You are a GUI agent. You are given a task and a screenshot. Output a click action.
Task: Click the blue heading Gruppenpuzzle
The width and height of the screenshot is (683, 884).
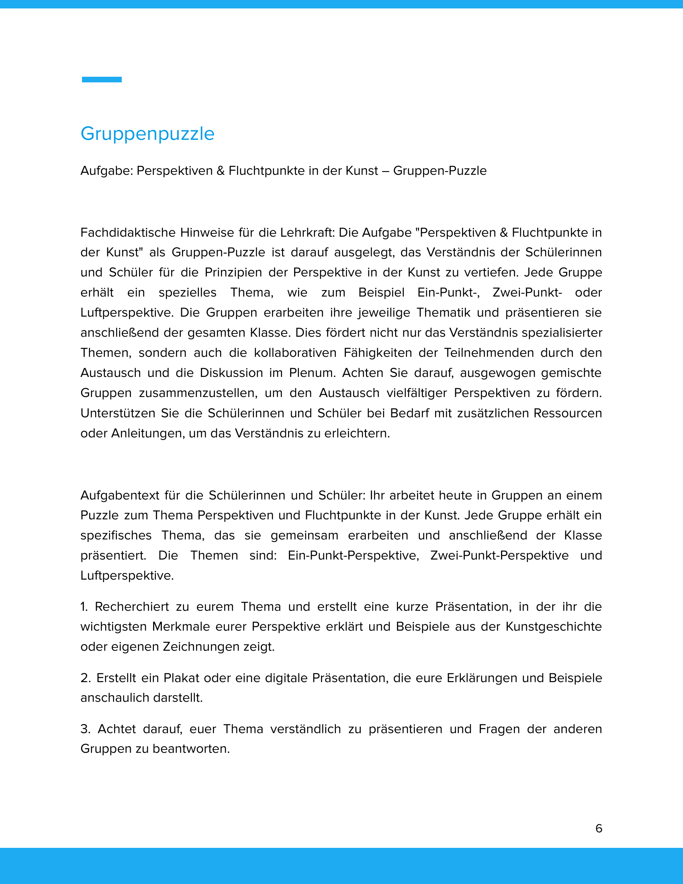pos(147,133)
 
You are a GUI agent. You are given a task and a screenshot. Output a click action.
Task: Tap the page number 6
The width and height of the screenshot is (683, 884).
pos(599,828)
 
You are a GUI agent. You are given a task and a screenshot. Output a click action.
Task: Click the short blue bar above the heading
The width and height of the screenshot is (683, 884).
pos(102,79)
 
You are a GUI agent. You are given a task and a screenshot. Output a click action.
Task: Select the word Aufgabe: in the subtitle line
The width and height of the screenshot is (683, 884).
pos(107,171)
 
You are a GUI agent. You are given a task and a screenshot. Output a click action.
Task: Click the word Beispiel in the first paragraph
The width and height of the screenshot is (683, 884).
pos(381,293)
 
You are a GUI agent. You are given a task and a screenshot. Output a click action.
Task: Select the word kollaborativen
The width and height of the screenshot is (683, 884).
pos(295,353)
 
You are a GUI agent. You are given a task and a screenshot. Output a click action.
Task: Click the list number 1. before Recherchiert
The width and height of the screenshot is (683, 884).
pos(84,607)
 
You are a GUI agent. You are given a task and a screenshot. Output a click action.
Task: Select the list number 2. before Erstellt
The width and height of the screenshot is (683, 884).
pos(85,678)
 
